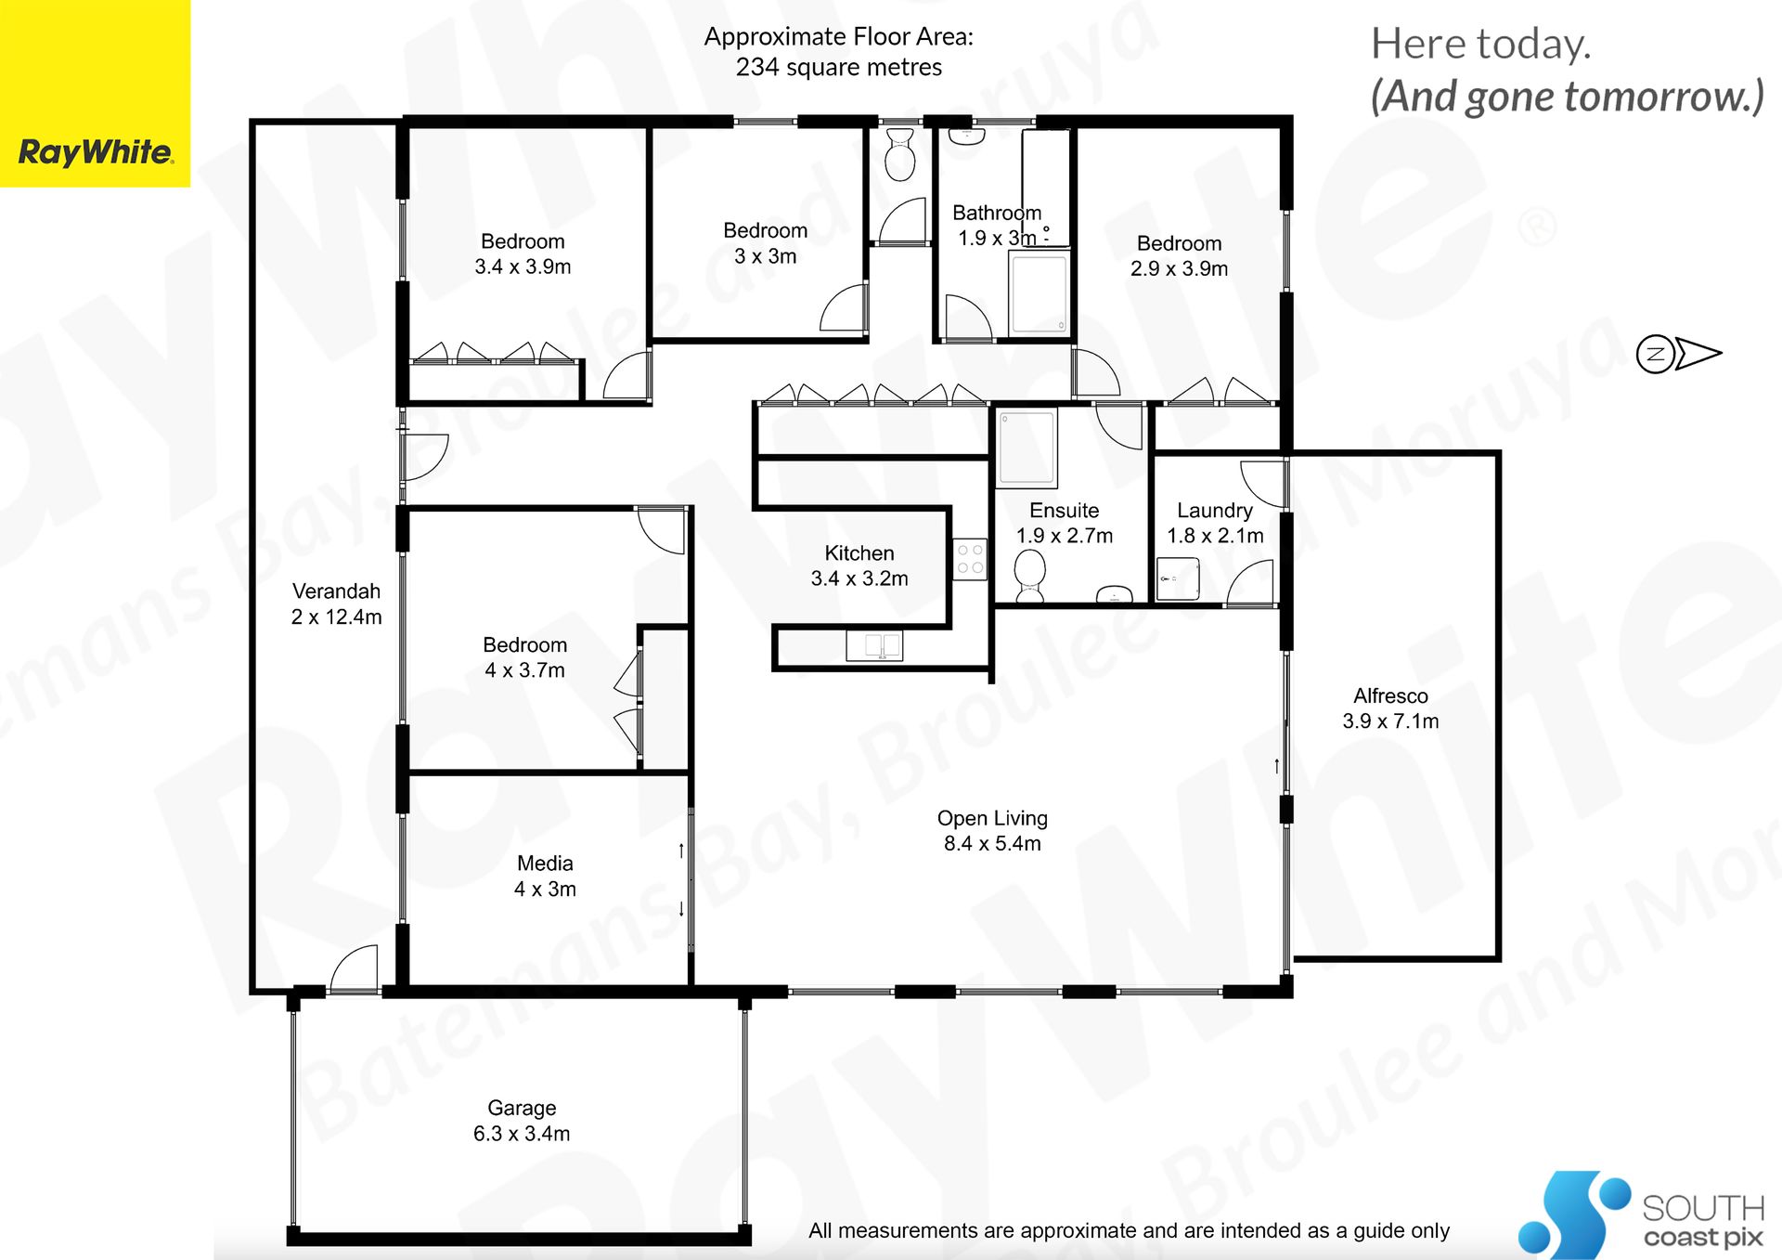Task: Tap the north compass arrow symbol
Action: point(1678,354)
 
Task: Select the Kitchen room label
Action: point(859,553)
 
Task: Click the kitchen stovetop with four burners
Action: point(970,559)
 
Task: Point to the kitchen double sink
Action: point(874,644)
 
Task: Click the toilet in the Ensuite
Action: point(1029,574)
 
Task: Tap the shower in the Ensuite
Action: point(1027,448)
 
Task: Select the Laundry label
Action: point(1215,511)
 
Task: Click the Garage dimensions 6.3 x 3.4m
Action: point(522,1134)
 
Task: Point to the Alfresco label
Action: point(1390,695)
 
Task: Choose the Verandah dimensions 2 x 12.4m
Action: point(336,617)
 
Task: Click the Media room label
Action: point(545,864)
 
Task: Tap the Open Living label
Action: point(992,819)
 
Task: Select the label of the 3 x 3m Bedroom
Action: point(765,230)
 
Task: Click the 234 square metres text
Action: point(839,68)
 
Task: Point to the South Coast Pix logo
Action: point(1641,1215)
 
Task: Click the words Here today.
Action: point(1481,45)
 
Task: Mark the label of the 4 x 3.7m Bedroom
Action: point(524,645)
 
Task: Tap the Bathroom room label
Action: point(997,213)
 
